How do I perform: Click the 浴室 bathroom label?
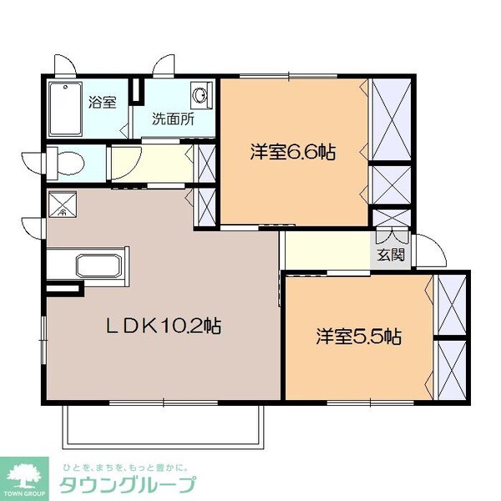tap(102, 102)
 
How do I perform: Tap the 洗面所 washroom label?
tap(172, 119)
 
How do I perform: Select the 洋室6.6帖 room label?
tap(294, 152)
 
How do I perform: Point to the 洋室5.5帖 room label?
tap(359, 337)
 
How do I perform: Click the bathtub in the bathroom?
tap(64, 110)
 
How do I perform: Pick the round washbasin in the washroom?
tap(201, 94)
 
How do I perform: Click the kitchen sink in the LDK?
tap(99, 267)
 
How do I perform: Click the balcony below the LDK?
tap(164, 428)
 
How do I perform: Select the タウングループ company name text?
tap(126, 485)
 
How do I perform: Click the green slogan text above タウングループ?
tap(125, 465)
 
